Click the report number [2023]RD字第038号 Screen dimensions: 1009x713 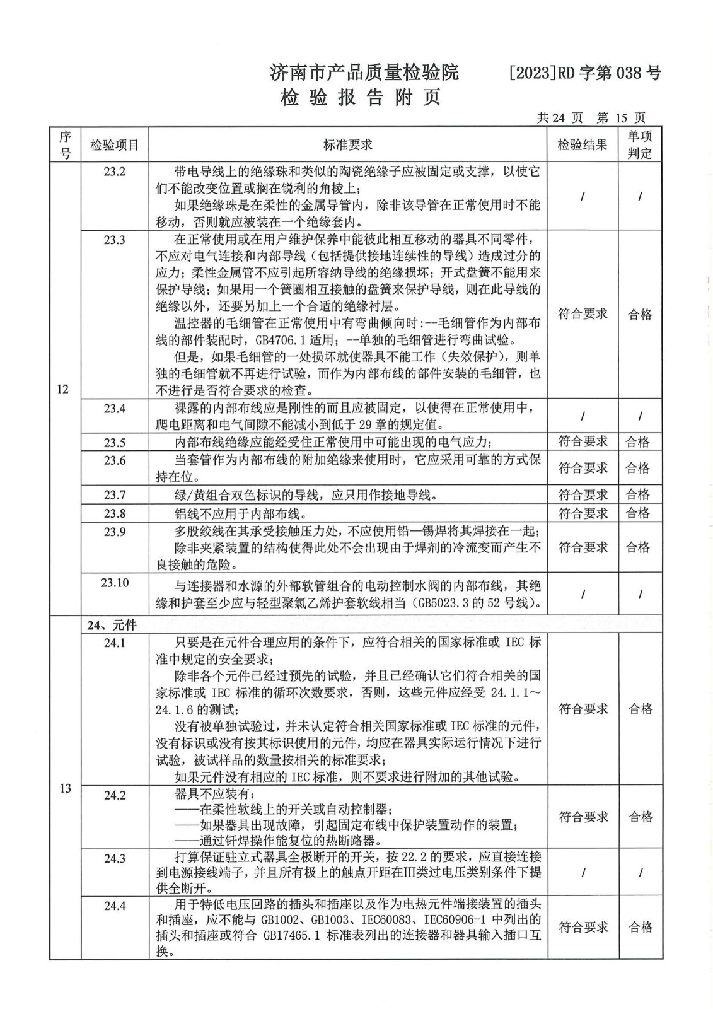(584, 73)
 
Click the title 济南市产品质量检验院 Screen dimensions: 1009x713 (364, 73)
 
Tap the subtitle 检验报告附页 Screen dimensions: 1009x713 (360, 98)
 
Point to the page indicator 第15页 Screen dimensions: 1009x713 (620, 118)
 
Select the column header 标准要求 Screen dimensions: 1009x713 (348, 145)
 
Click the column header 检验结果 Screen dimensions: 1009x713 (583, 145)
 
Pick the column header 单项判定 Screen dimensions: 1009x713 (639, 145)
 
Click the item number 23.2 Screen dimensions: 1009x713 (115, 172)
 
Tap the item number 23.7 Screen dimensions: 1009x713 (115, 494)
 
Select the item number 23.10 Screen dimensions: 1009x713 (115, 583)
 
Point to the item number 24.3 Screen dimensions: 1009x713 (115, 858)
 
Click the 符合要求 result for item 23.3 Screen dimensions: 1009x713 (583, 314)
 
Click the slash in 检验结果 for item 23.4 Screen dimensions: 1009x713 (583, 416)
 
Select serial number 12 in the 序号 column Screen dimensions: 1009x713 (62, 388)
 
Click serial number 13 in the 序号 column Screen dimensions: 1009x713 (65, 788)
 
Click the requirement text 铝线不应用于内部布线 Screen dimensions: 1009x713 (241, 513)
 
